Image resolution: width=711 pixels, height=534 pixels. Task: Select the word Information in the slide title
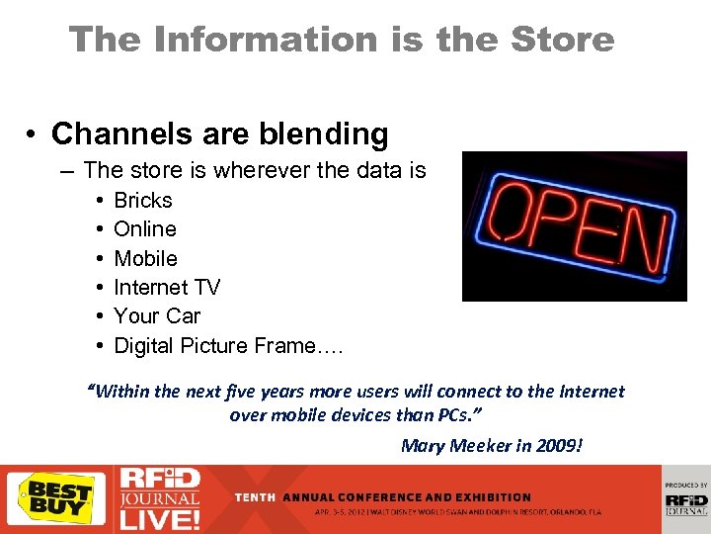(x=249, y=40)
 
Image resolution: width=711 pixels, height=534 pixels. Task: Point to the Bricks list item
(x=143, y=201)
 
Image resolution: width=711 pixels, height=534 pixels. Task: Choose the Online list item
(x=145, y=229)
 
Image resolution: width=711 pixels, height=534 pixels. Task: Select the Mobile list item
(x=145, y=259)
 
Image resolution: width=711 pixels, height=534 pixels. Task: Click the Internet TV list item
(x=167, y=288)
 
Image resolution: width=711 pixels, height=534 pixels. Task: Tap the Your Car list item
(x=157, y=316)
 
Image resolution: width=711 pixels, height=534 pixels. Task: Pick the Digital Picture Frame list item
(x=228, y=346)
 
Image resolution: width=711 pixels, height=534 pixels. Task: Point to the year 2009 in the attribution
(x=561, y=446)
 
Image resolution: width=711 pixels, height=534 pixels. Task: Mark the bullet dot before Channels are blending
(x=34, y=134)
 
